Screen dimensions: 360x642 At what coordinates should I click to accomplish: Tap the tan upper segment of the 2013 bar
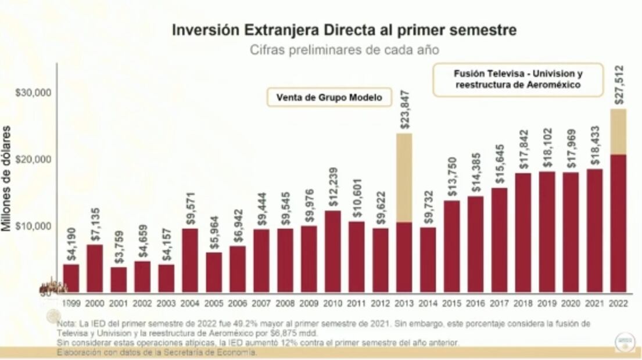pos(404,177)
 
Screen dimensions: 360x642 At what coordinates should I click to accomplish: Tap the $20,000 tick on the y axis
pos(34,159)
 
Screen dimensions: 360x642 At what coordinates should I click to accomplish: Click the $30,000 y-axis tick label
pos(34,93)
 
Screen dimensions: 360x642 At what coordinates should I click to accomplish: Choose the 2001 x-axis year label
pos(119,303)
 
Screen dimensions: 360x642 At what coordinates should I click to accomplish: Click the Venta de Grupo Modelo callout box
pos(329,98)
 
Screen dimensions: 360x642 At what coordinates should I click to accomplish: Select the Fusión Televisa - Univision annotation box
pos(518,80)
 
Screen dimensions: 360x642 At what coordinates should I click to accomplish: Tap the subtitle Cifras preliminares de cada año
pos(345,50)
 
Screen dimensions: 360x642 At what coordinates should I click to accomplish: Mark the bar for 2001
pos(119,279)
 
